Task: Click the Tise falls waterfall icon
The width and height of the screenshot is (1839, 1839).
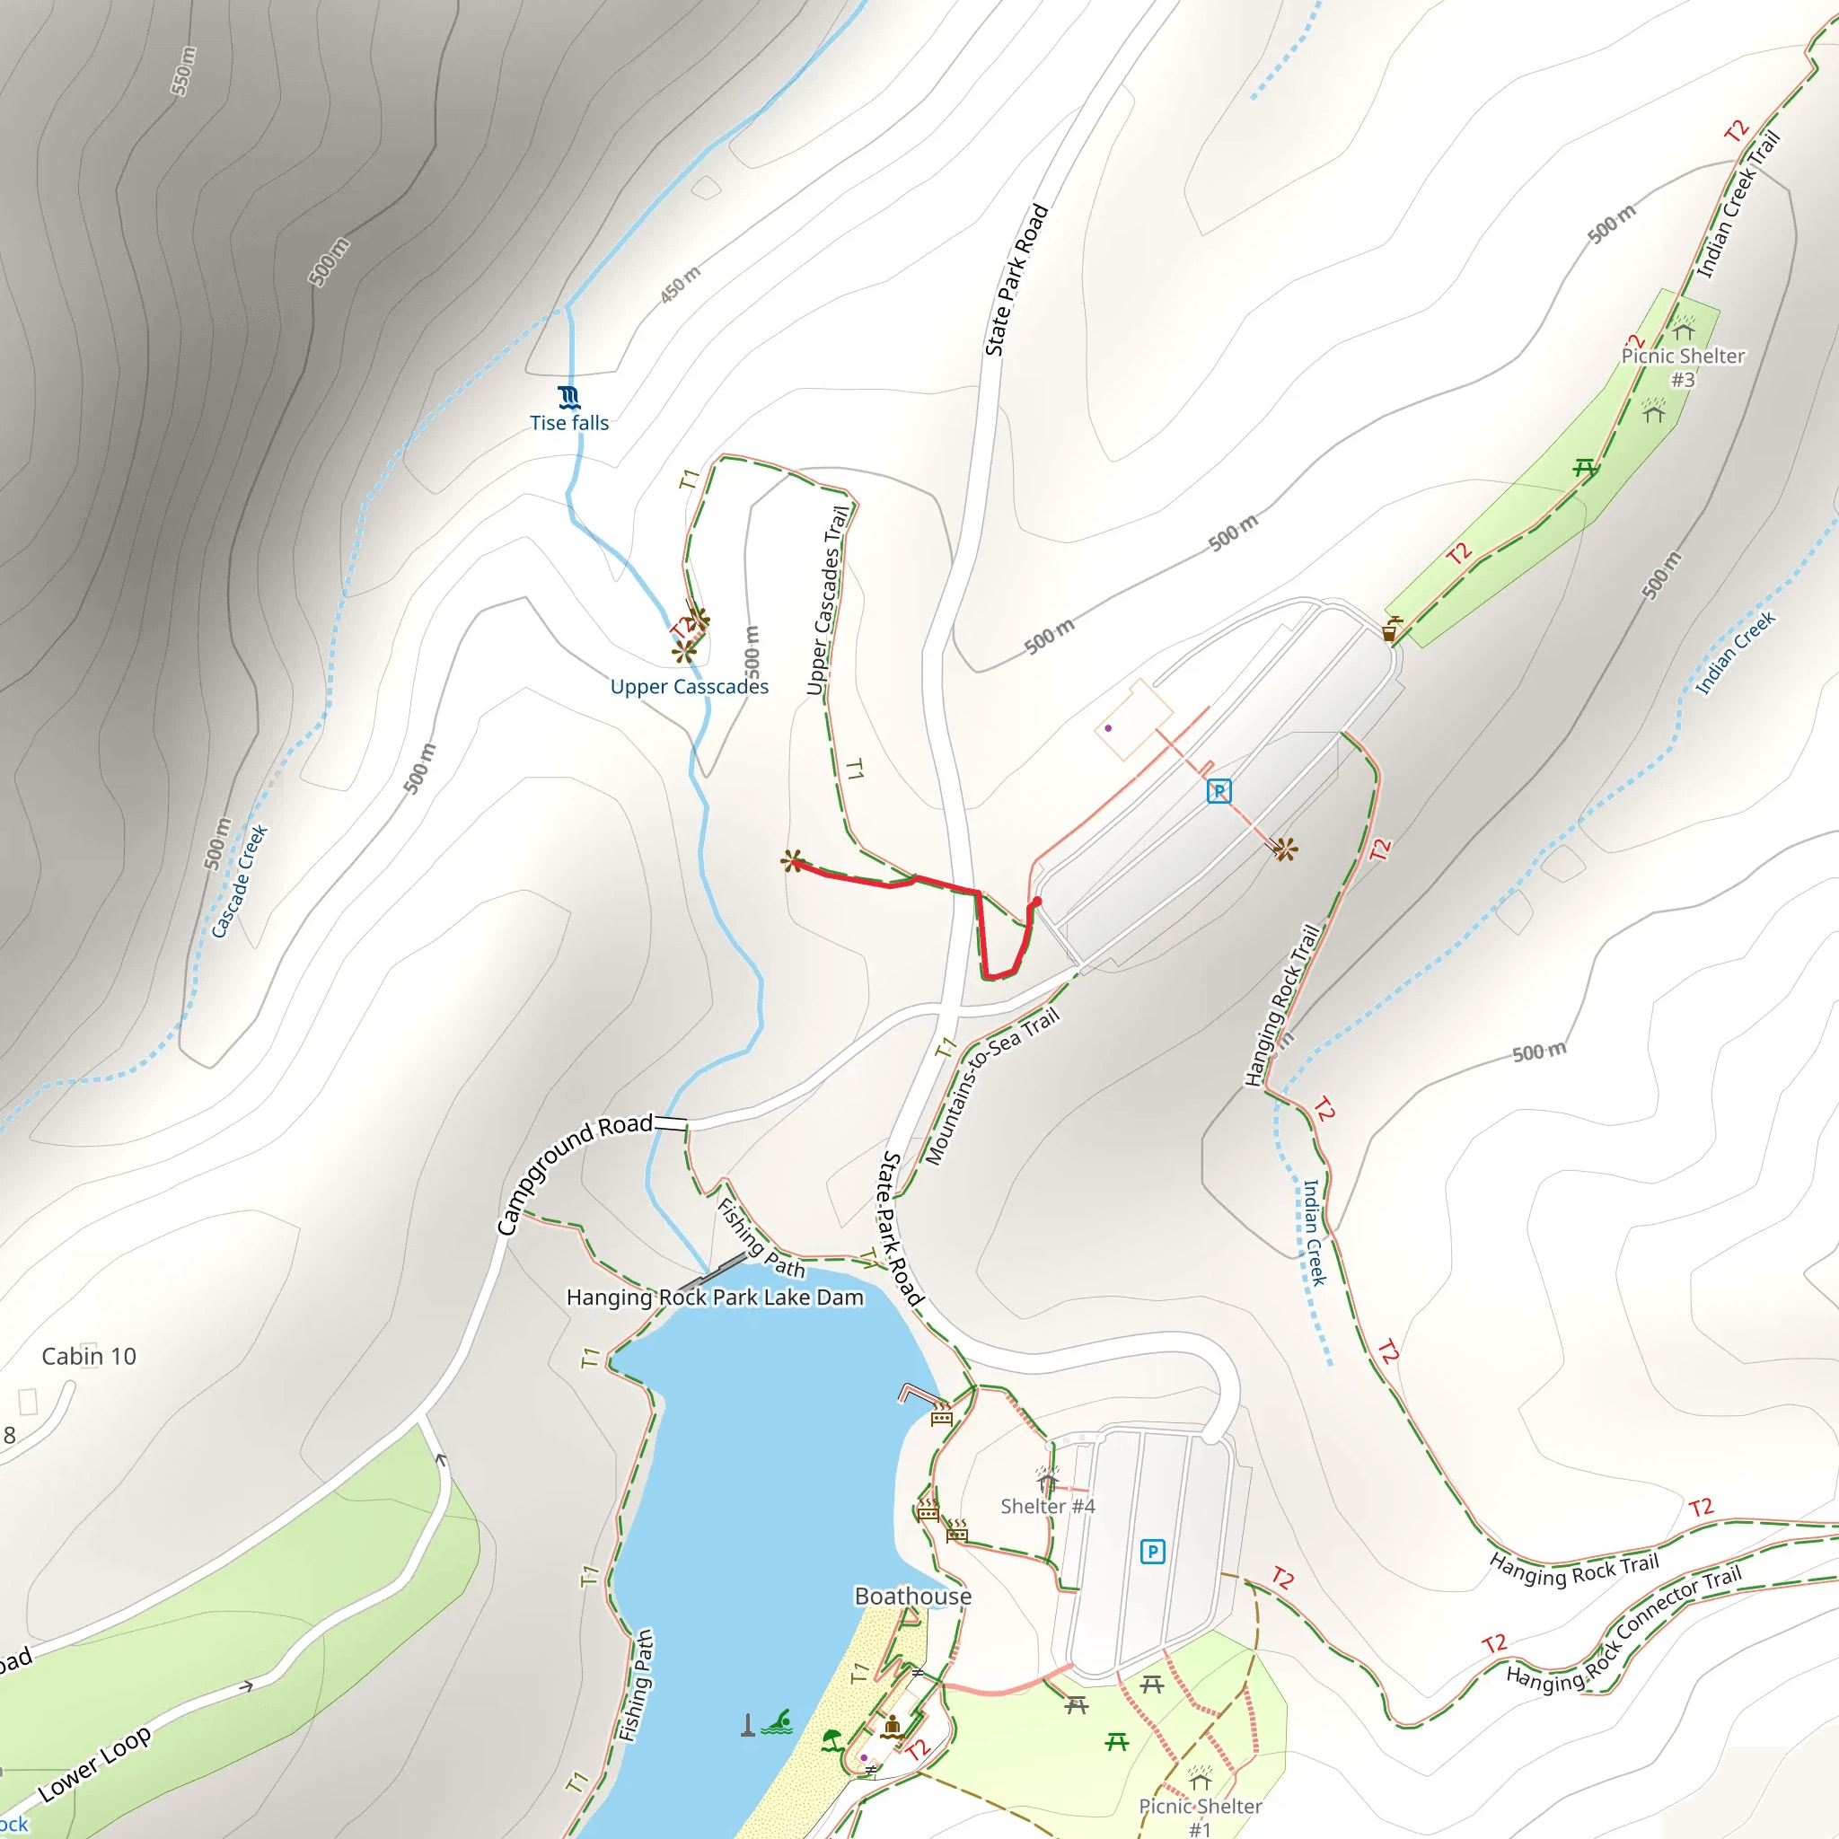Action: coord(568,397)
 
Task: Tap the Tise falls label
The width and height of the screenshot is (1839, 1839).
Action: coord(569,423)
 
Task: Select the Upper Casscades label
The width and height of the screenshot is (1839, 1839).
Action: coord(689,686)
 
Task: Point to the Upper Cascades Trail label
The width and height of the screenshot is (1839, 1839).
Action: coord(827,601)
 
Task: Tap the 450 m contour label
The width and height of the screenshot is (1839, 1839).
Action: coord(681,285)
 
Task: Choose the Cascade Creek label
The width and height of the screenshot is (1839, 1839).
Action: coord(239,882)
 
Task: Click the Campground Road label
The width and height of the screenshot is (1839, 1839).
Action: coord(575,1176)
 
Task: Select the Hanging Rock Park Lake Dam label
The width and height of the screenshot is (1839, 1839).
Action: coord(715,1298)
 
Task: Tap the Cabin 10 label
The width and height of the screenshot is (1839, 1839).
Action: coord(89,1357)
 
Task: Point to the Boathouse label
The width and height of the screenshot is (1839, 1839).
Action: coord(913,1597)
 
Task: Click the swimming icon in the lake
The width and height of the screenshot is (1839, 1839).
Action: coord(779,1722)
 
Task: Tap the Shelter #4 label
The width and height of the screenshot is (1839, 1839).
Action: coord(1047,1506)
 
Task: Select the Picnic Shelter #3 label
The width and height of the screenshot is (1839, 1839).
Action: coord(1683,366)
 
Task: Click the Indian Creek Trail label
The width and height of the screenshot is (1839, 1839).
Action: coord(1738,205)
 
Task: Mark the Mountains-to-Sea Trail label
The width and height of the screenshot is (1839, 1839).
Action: coord(992,1087)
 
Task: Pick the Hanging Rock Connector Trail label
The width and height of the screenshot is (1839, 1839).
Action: coord(1623,1629)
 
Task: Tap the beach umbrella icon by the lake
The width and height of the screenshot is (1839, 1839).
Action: coord(832,1740)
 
